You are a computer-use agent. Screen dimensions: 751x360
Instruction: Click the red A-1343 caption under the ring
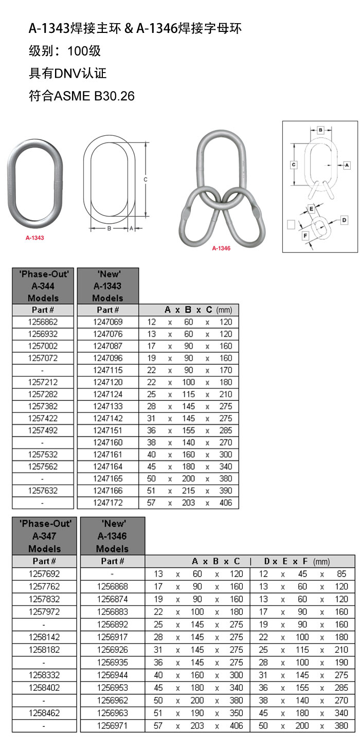click(x=34, y=238)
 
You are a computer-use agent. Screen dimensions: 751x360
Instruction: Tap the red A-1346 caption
click(x=221, y=248)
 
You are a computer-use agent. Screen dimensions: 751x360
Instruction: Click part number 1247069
click(x=107, y=322)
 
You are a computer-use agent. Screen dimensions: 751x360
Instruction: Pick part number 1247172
click(x=107, y=503)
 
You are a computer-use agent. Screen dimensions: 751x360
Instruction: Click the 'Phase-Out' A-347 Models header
click(x=44, y=536)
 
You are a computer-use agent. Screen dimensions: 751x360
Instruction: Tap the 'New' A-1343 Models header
click(x=107, y=286)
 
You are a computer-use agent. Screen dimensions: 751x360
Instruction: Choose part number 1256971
click(x=112, y=726)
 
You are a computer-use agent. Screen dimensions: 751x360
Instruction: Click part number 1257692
click(x=44, y=574)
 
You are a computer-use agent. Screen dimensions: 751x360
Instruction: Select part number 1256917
click(x=112, y=637)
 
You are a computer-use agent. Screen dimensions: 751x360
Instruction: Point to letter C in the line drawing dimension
click(x=146, y=180)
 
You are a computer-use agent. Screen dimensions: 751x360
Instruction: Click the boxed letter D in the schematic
click(x=344, y=220)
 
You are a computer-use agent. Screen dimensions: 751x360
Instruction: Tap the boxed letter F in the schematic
click(x=305, y=236)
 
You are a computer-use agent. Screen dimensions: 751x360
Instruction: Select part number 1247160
click(x=107, y=442)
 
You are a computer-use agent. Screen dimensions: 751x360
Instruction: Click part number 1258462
click(x=44, y=713)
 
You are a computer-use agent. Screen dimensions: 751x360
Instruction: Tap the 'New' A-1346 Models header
click(x=112, y=536)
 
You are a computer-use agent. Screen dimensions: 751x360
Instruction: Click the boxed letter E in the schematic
click(x=311, y=208)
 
